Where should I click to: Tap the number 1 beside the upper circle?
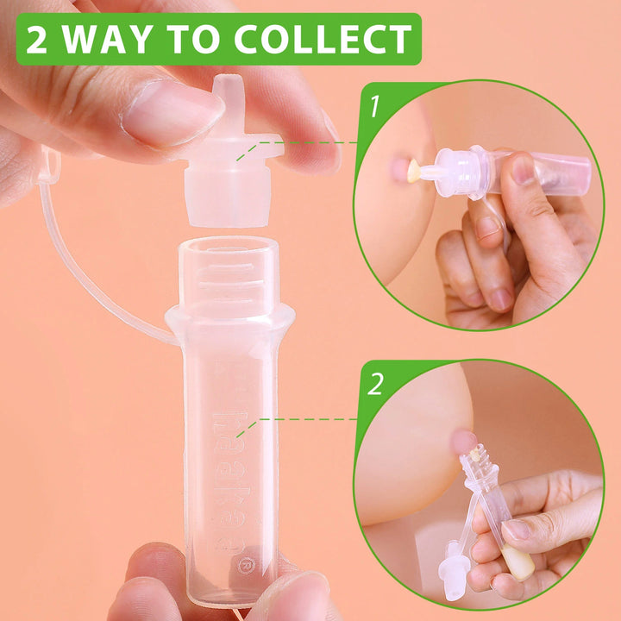[x=373, y=107]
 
